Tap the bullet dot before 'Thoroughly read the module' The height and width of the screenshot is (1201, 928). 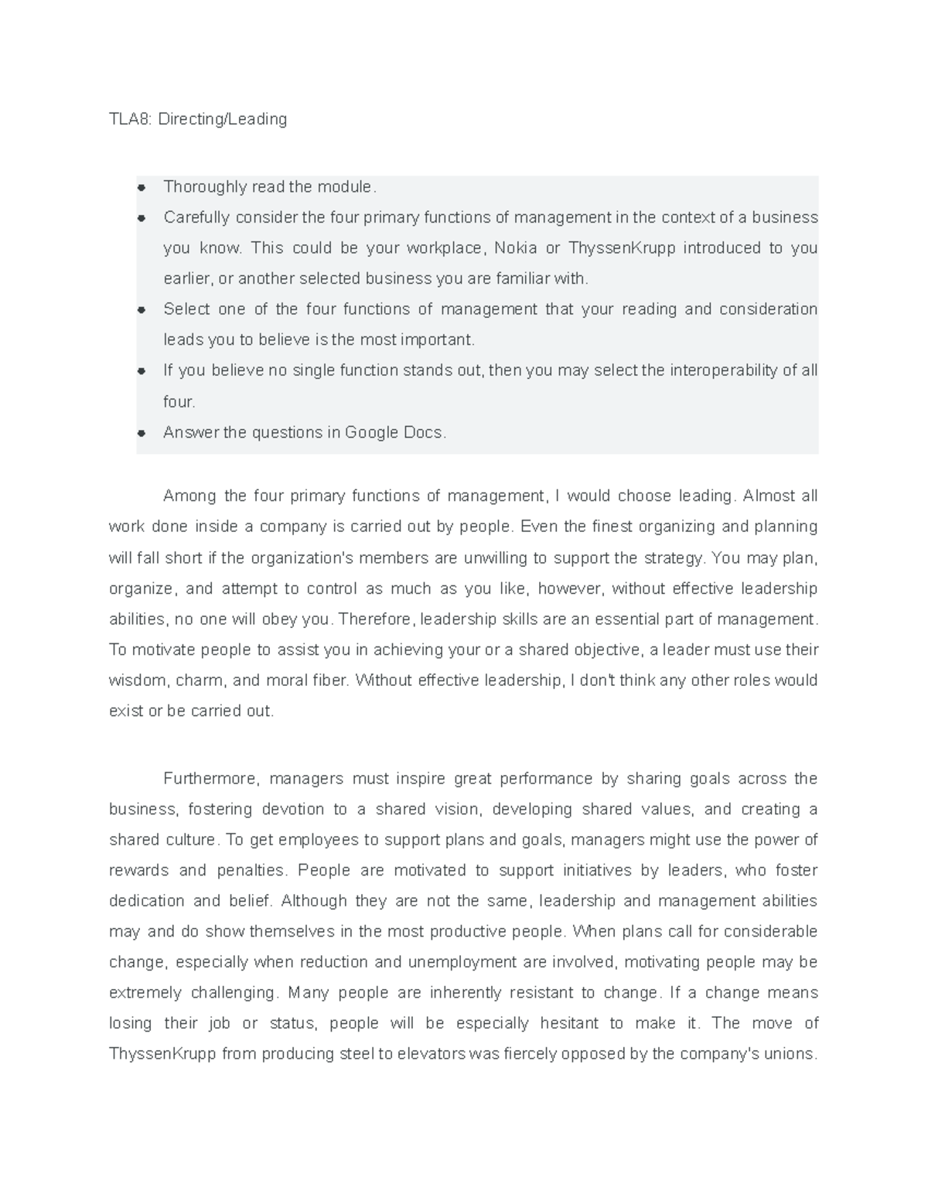[x=142, y=187]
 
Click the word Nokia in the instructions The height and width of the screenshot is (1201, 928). [x=515, y=248]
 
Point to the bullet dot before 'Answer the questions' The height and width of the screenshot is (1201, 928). [x=142, y=432]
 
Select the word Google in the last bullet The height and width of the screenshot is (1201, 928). [x=372, y=432]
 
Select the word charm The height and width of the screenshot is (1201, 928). [x=200, y=681]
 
